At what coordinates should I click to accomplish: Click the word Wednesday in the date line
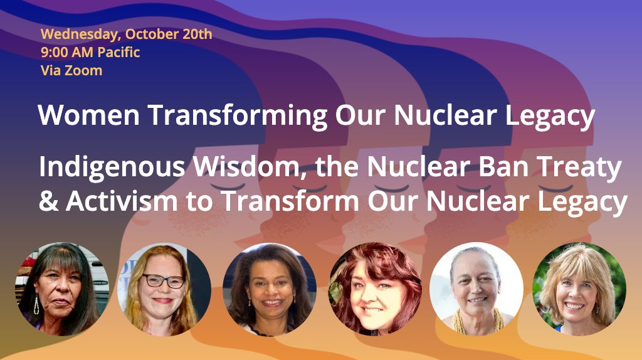80,34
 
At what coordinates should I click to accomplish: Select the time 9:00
54,53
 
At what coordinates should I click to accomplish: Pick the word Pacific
118,53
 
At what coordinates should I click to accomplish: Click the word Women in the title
89,115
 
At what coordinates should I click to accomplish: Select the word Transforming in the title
238,116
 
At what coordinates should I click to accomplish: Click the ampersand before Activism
49,201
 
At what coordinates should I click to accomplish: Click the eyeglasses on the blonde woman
164,281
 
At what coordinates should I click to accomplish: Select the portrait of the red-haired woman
375,289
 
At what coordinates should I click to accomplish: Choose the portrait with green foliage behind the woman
579,289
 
